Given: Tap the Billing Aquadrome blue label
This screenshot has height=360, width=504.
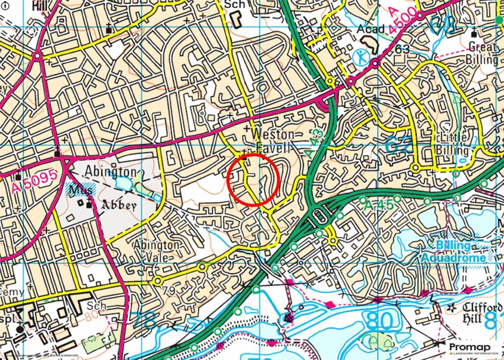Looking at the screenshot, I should (453, 252).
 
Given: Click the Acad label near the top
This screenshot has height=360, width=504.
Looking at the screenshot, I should (370, 30).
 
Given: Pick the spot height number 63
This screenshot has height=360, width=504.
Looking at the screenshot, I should (402, 49).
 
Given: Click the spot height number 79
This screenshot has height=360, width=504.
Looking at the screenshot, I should (168, 291).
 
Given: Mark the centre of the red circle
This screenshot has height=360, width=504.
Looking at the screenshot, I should (253, 179).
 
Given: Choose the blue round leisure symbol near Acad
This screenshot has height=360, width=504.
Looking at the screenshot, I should (362, 57).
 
